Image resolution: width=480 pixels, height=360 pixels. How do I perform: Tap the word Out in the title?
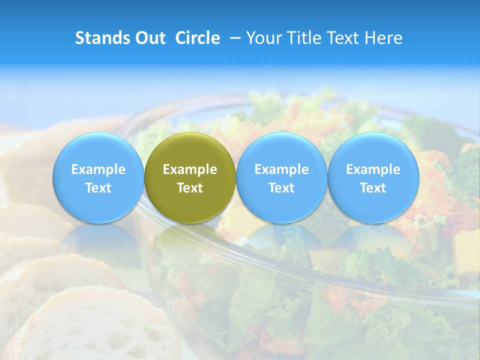149,38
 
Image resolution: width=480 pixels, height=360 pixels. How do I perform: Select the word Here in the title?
385,38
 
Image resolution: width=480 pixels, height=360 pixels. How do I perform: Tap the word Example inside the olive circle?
190,169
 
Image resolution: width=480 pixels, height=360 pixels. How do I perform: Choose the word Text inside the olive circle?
190,188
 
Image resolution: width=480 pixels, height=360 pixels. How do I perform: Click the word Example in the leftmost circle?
98,169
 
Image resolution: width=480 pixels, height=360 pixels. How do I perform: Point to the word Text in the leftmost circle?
98,188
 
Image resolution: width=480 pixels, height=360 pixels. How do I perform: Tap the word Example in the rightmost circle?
373,169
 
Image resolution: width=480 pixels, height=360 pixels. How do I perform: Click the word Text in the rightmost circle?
373,188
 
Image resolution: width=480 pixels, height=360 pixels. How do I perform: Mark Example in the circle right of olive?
281,169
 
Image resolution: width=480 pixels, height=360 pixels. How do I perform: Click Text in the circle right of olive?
281,188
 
